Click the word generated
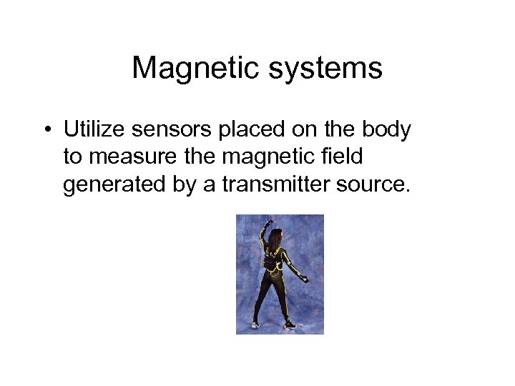(107, 185)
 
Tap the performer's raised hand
(268, 224)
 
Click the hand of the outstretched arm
(304, 278)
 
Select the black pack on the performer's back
(273, 264)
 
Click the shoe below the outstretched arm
(288, 325)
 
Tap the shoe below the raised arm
(255, 325)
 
